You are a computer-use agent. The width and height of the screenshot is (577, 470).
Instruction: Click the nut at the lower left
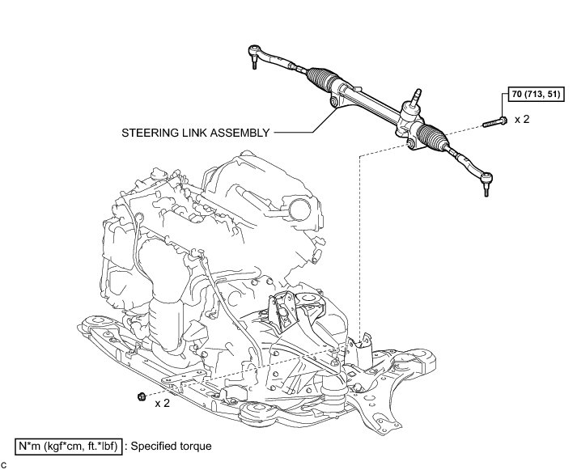click(142, 396)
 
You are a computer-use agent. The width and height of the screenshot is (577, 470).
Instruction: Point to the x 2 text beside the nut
click(161, 403)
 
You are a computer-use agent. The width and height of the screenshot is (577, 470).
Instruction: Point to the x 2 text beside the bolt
click(522, 119)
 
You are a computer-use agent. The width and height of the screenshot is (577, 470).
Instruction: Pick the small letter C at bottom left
click(4, 464)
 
